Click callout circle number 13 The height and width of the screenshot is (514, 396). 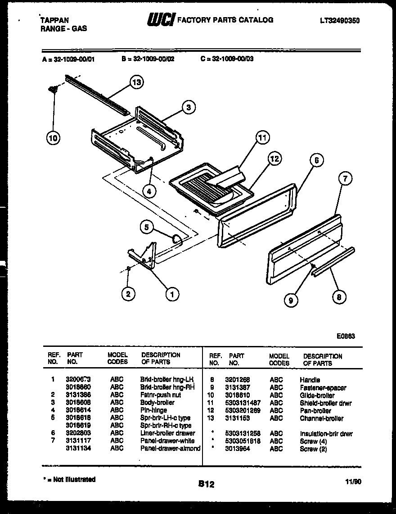click(x=136, y=82)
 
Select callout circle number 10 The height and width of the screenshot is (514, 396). click(x=53, y=138)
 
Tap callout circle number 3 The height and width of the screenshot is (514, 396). click(x=189, y=107)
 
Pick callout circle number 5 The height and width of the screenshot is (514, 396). click(x=146, y=228)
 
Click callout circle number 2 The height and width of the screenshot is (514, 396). click(x=128, y=294)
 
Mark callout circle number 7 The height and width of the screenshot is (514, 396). click(x=345, y=179)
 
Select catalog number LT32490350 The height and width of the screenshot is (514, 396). click(x=340, y=21)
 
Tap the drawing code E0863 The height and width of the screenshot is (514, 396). click(x=346, y=335)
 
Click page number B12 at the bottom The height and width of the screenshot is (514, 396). click(x=206, y=484)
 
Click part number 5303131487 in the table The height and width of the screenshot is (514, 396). click(x=243, y=403)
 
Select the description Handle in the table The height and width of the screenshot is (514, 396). click(x=310, y=380)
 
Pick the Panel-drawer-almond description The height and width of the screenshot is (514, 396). click(x=170, y=448)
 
